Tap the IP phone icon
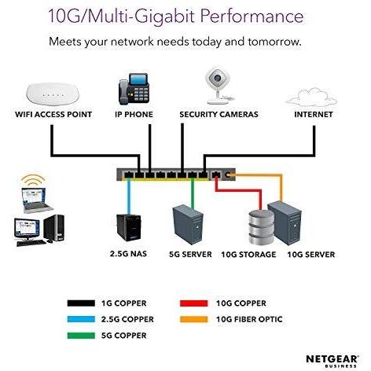point(134,88)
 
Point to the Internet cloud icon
point(311,97)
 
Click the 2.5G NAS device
point(129,227)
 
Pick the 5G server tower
point(188,225)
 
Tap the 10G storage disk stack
point(261,227)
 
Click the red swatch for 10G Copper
point(193,303)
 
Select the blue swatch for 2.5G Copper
point(81,319)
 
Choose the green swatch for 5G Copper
point(81,336)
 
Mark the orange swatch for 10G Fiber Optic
point(193,319)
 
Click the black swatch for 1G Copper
point(81,303)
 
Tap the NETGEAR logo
point(332,361)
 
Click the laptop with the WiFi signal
point(36,200)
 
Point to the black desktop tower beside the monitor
point(54,228)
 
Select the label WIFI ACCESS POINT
point(53,115)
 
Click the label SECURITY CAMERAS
point(219,115)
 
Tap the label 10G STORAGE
point(248,255)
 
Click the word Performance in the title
point(252,16)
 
